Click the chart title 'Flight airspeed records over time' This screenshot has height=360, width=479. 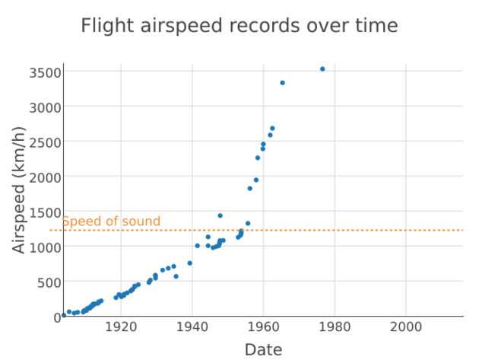[x=239, y=26]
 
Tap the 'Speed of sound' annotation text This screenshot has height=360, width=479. [x=111, y=221]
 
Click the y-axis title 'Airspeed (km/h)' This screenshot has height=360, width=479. [x=20, y=190]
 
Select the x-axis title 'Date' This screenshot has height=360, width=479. [x=263, y=349]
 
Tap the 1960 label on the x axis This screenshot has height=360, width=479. [x=263, y=327]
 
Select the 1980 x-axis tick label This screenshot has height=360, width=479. [x=335, y=327]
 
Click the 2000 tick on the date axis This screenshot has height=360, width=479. [x=406, y=327]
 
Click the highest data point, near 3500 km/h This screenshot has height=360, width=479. [x=322, y=69]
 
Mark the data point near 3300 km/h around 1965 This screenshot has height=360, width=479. [x=282, y=83]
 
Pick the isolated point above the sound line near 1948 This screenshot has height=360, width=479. [x=220, y=215]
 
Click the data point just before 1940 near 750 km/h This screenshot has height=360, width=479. [x=190, y=263]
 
